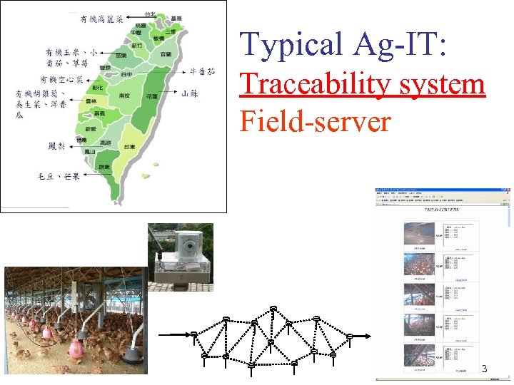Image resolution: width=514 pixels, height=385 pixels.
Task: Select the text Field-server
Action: (316, 121)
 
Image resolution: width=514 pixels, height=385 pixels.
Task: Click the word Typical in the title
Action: (291, 43)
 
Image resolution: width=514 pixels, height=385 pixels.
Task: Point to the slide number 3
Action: (484, 369)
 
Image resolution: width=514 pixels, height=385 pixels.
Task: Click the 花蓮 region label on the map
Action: (151, 96)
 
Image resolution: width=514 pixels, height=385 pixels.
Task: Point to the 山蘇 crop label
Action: (190, 93)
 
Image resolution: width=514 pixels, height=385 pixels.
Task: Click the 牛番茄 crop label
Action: (201, 72)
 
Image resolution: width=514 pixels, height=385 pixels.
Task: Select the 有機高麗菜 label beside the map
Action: (101, 19)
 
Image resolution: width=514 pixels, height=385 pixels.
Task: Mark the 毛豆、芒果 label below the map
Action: (59, 176)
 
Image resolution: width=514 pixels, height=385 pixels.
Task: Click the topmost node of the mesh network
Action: (272, 309)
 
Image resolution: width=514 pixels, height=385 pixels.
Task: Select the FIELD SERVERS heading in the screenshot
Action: (441, 210)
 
